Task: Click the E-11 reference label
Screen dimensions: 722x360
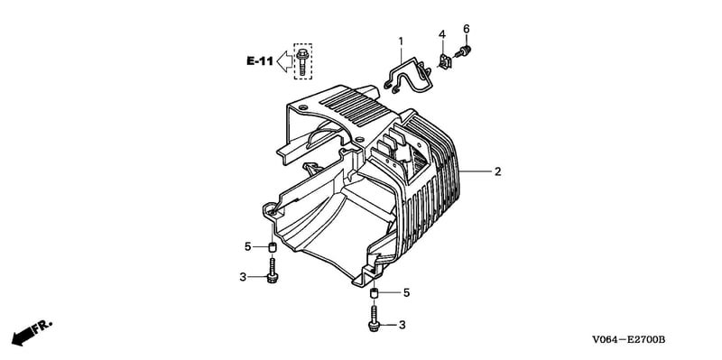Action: (261, 60)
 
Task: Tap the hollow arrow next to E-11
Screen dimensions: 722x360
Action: (284, 61)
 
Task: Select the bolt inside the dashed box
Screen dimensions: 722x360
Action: (302, 61)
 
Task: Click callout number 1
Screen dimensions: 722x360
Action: (401, 42)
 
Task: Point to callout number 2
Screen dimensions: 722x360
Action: (498, 171)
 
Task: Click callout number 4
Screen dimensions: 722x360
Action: (442, 34)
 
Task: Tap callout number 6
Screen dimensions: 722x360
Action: (466, 29)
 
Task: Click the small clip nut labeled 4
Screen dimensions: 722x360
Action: (445, 61)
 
